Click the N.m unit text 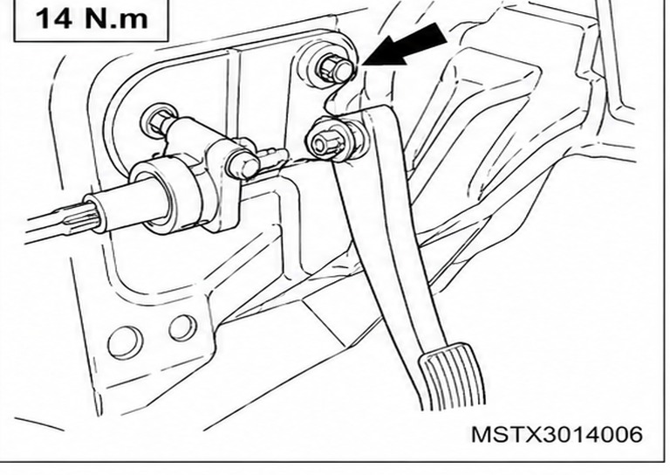[x=115, y=18]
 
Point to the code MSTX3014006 [x=557, y=434]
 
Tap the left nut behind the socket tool [x=159, y=121]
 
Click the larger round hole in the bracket [x=126, y=342]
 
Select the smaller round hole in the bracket [x=183, y=328]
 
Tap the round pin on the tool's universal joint [x=243, y=163]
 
